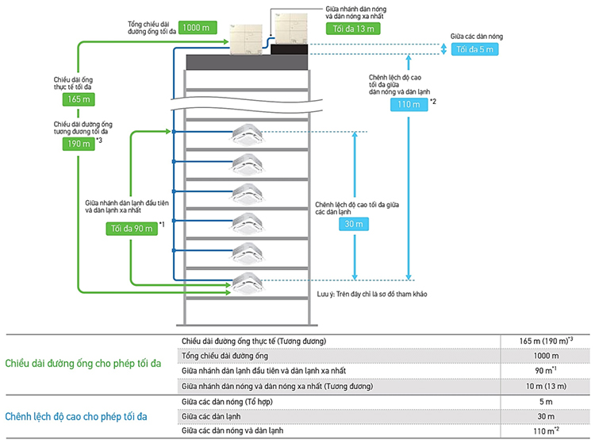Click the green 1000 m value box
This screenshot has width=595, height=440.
pos(195,28)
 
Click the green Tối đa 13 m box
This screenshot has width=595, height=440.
pos(353,28)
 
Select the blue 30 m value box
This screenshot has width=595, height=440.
pos(353,224)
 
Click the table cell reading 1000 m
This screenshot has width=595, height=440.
pos(546,356)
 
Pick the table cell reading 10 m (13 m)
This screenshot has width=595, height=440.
pos(546,386)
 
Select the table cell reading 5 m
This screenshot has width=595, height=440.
pos(546,401)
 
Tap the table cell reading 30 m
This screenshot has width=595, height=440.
pos(546,415)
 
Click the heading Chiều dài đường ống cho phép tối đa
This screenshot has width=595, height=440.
pos(83,364)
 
